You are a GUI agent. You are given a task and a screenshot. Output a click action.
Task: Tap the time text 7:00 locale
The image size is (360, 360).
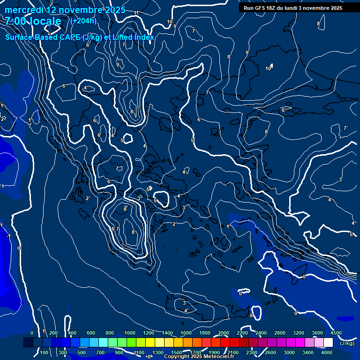tap(33, 21)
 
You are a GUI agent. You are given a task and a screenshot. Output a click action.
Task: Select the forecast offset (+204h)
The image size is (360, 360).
tap(83, 21)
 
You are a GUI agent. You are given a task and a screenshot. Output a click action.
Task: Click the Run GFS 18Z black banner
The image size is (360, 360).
tap(293, 8)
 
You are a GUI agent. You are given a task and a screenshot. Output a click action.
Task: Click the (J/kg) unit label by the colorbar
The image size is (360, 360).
tap(346, 343)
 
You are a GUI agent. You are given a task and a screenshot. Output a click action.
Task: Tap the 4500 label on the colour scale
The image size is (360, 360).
tap(336, 333)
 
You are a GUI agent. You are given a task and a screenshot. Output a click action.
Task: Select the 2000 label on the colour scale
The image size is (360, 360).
tap(223, 333)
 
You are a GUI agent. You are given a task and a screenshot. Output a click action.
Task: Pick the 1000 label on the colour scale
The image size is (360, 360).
tap(129, 333)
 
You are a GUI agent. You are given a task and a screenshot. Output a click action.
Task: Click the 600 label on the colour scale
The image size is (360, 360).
tap(91, 333)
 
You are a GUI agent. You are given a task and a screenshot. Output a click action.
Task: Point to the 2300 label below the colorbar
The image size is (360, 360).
tap(251, 352)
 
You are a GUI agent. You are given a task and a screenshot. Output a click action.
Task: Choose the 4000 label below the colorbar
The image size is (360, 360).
tap(327, 352)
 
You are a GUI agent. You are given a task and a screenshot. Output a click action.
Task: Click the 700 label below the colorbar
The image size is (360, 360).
tap(100, 352)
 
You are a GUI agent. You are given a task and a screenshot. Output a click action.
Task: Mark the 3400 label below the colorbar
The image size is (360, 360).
tap(308, 352)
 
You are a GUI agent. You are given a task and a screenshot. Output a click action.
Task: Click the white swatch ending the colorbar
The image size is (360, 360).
tap(328, 343)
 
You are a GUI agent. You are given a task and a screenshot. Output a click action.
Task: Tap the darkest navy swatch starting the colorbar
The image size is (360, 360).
tap(28, 343)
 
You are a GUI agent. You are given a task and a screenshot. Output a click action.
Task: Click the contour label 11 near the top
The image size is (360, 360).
tap(136, 13)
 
